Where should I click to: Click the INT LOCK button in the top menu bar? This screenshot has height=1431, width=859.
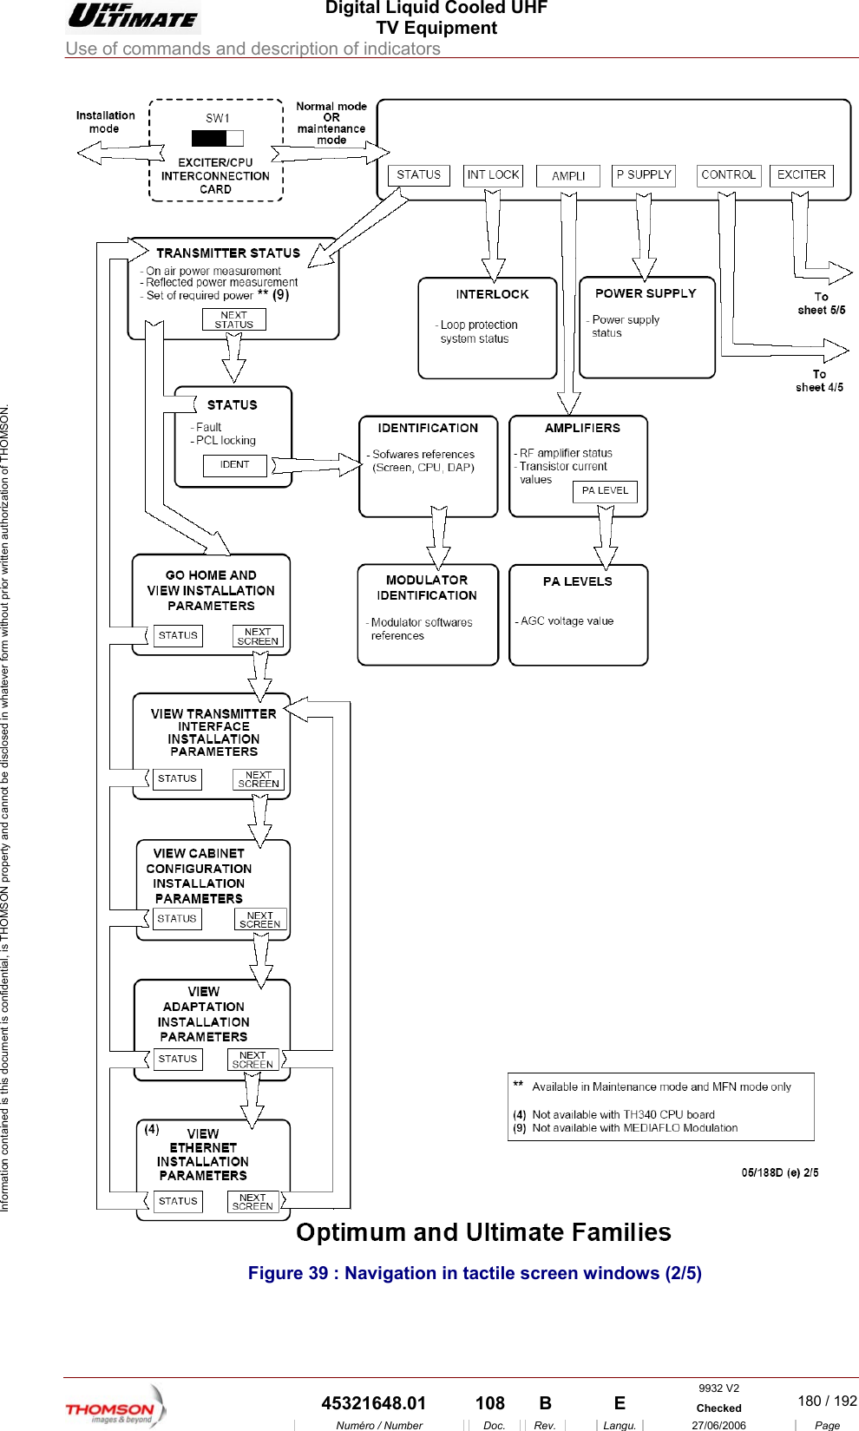(493, 175)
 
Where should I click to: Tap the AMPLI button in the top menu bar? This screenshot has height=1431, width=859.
(568, 176)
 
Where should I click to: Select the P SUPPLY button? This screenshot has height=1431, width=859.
(644, 175)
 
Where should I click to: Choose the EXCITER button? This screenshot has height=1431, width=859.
(801, 175)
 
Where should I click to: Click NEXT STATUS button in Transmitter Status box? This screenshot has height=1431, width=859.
(233, 320)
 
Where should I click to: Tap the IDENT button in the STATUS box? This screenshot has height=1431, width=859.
(234, 465)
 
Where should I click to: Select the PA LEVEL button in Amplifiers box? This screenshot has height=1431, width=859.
(605, 491)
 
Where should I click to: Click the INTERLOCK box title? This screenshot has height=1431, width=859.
(492, 295)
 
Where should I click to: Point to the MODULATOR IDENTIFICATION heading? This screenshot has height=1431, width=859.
(427, 587)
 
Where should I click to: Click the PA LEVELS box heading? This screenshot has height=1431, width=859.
(577, 582)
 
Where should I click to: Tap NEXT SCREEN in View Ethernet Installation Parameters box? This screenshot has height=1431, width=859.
(252, 1202)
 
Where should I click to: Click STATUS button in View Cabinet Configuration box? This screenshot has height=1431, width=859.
(177, 919)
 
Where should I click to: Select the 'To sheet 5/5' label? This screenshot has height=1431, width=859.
(821, 304)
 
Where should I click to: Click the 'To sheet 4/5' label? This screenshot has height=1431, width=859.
(819, 381)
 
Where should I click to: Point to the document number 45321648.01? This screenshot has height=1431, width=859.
(373, 1403)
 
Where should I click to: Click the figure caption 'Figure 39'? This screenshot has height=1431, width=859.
(474, 1273)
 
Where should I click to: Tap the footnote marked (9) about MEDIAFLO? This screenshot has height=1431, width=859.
(633, 1128)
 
